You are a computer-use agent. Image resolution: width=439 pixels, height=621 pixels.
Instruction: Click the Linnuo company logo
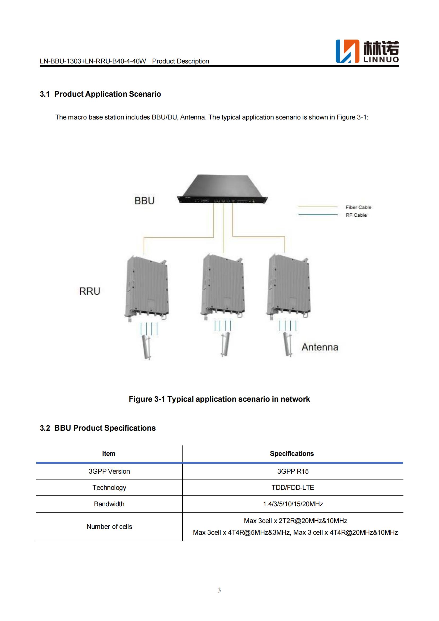[x=367, y=52]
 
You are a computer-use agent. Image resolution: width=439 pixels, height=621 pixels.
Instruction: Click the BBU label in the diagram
[x=144, y=201]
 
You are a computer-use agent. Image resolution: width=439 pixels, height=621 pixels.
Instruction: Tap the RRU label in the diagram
[x=89, y=291]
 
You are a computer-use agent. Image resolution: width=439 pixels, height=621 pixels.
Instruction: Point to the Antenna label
[x=320, y=347]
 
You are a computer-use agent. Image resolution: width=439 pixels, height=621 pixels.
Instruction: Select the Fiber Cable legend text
[x=358, y=207]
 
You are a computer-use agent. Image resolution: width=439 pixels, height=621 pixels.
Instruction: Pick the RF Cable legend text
[x=356, y=215]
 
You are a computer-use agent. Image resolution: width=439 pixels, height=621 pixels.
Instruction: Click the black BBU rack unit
[x=222, y=189]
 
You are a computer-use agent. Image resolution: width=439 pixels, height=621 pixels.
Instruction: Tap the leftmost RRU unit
[x=147, y=288]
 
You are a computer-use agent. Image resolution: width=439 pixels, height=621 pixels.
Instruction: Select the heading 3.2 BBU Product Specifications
[x=98, y=428]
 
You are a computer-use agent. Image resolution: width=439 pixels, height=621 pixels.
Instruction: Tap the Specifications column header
[x=292, y=453]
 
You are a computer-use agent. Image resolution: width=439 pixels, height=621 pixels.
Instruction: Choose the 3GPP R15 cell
[x=293, y=471]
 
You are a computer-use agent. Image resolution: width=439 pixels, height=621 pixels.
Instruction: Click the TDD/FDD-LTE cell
[x=293, y=487]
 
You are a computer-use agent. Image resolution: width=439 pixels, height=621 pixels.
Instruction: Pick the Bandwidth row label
[x=109, y=504]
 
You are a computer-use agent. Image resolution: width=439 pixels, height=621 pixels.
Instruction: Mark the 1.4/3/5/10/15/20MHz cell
[x=293, y=504]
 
